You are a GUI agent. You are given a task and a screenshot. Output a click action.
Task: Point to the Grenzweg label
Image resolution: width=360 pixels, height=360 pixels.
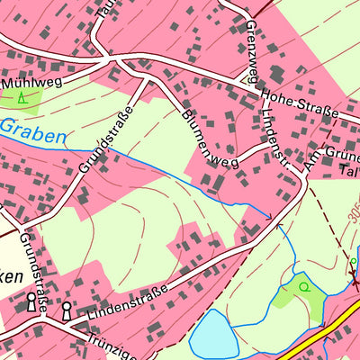pos(251,44)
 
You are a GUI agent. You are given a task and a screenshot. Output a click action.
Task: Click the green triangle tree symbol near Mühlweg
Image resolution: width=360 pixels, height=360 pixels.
pos(21,97)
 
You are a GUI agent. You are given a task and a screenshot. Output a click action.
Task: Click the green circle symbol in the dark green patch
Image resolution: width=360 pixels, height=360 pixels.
pos(303,287)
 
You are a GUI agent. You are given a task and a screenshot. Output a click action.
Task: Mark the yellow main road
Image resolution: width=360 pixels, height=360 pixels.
pos(324,331)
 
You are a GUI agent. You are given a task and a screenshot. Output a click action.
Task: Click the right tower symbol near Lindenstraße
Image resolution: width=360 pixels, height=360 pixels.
pos(67,310)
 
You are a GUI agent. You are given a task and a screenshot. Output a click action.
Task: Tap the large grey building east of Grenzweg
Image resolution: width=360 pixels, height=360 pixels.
pos(277,73)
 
